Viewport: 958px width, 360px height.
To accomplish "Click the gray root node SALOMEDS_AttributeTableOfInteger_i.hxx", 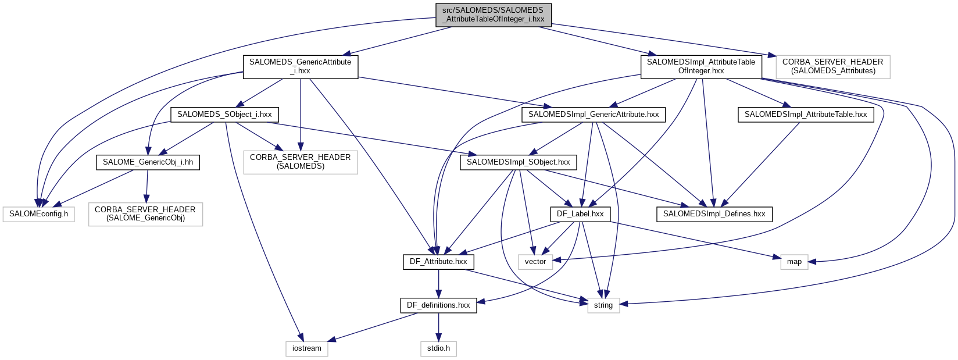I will (x=493, y=15).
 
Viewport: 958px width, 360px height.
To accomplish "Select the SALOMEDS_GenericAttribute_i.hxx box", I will (x=300, y=66).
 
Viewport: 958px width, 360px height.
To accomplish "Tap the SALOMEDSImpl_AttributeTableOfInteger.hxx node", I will (x=700, y=66).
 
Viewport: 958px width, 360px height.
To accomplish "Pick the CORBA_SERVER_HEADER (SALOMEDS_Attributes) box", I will (x=832, y=66).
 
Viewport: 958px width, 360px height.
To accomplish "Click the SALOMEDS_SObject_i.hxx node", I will (x=224, y=115).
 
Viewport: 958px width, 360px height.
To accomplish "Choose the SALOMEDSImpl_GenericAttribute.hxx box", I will (x=594, y=115).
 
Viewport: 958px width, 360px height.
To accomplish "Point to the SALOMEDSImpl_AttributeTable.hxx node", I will (x=805, y=115).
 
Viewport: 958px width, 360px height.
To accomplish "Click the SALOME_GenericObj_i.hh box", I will (x=148, y=162).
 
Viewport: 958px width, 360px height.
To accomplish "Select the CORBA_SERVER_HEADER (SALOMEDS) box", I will (x=300, y=162).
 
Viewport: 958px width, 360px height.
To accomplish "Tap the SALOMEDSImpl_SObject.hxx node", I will (x=518, y=162).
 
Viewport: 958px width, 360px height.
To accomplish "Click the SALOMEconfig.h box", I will (x=38, y=214).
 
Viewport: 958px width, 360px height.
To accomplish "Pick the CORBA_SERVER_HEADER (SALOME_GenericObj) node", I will (x=145, y=214).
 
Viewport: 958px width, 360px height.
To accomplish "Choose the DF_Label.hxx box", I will (x=580, y=214).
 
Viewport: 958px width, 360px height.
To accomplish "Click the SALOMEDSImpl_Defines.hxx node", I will (x=714, y=214).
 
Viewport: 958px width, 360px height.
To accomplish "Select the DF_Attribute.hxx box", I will (x=438, y=262).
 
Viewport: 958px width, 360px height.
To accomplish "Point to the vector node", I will (x=535, y=262).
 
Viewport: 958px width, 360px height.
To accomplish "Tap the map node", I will (x=794, y=262).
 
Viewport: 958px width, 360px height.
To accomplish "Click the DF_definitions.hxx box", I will (x=438, y=305).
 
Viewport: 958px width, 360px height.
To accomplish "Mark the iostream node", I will (x=306, y=348).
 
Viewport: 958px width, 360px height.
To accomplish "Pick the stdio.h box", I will (x=438, y=348).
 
